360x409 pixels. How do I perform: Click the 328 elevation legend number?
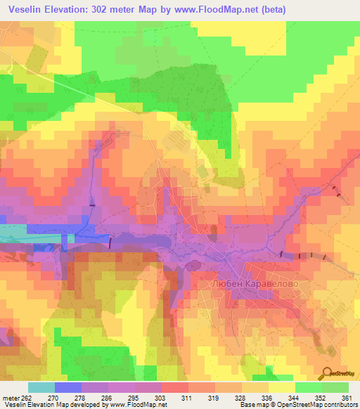[x=240, y=397]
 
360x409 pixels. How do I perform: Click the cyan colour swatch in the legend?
[x=40, y=387]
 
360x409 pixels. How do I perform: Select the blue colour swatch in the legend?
[x=67, y=387]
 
